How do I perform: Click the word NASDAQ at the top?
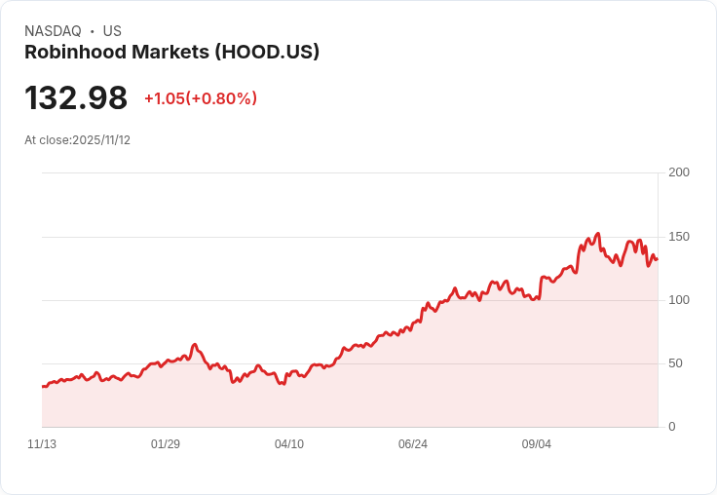(53, 31)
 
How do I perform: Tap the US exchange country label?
(112, 31)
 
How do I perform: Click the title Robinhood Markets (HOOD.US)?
(171, 53)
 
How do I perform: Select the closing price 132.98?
(76, 98)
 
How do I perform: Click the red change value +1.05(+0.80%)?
(201, 98)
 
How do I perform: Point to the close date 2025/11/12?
(101, 140)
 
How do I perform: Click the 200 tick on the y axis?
(679, 172)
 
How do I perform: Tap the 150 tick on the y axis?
(679, 237)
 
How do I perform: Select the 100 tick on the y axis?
(679, 300)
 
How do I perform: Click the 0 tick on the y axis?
(672, 427)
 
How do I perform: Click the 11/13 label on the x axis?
(42, 444)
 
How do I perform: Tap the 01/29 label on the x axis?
(166, 444)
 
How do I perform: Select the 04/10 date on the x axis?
(289, 444)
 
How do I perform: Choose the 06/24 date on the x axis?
(413, 444)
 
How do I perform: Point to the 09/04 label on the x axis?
(537, 444)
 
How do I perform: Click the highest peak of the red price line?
(597, 234)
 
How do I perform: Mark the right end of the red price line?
(657, 258)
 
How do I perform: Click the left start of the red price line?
(43, 387)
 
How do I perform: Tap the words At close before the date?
(48, 140)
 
